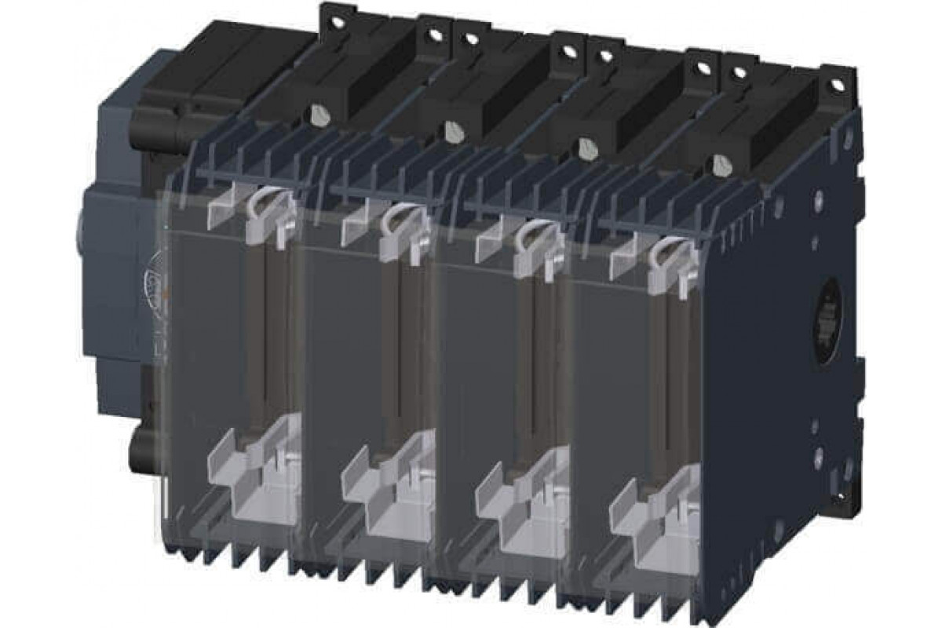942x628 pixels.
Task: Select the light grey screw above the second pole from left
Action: click(x=451, y=131)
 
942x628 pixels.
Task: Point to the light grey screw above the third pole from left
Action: click(x=584, y=147)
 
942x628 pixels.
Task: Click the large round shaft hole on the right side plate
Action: click(x=829, y=313)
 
